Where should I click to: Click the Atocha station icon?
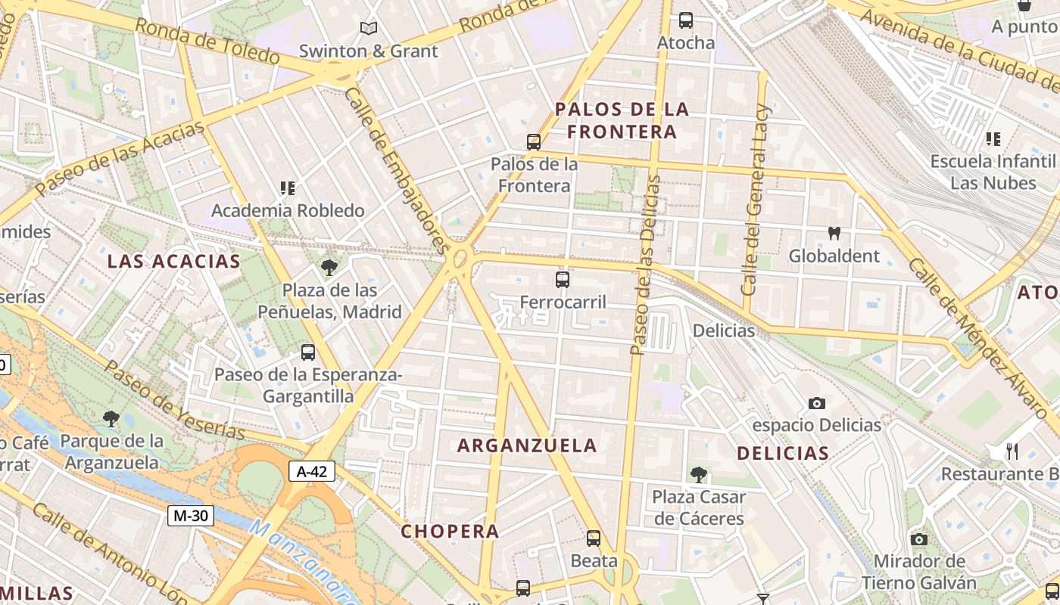pyautogui.click(x=686, y=20)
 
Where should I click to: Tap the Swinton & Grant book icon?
pyautogui.click(x=369, y=29)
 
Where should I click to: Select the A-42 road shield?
pyautogui.click(x=312, y=472)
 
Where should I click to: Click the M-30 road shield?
pyautogui.click(x=191, y=517)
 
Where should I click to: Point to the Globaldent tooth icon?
pyautogui.click(x=834, y=234)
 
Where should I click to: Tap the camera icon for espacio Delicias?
pyautogui.click(x=817, y=403)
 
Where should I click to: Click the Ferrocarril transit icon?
pyautogui.click(x=563, y=280)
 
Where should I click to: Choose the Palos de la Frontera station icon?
pyautogui.click(x=534, y=141)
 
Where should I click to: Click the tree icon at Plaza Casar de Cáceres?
pyautogui.click(x=699, y=475)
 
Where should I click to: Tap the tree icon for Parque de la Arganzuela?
pyautogui.click(x=111, y=418)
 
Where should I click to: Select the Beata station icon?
pyautogui.click(x=594, y=538)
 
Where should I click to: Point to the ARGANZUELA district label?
pyautogui.click(x=527, y=445)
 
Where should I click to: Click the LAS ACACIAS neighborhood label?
pyautogui.click(x=173, y=262)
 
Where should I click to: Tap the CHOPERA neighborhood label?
pyautogui.click(x=450, y=531)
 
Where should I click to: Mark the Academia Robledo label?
pyautogui.click(x=288, y=210)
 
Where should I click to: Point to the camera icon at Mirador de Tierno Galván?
pyautogui.click(x=919, y=539)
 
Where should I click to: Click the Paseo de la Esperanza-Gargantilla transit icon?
pyautogui.click(x=308, y=352)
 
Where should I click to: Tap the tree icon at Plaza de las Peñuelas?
pyautogui.click(x=329, y=267)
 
